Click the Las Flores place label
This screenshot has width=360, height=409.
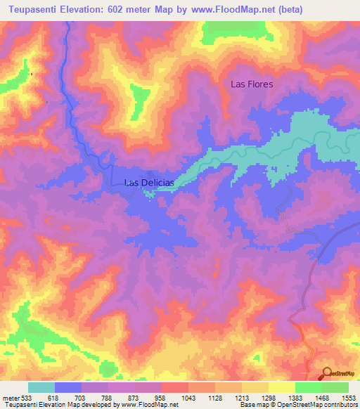(x=252, y=84)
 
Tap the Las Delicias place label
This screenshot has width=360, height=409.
(x=148, y=183)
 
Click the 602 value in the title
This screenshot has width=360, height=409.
(x=120, y=9)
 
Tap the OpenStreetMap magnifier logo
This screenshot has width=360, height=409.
(x=326, y=375)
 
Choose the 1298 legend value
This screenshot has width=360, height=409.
(x=269, y=398)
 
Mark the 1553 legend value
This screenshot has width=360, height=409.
(x=348, y=398)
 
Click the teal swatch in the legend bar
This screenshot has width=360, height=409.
(x=41, y=387)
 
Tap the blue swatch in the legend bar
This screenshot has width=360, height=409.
(x=68, y=387)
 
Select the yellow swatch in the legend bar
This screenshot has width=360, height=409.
(x=281, y=387)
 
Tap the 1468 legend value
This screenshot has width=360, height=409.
(x=322, y=398)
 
